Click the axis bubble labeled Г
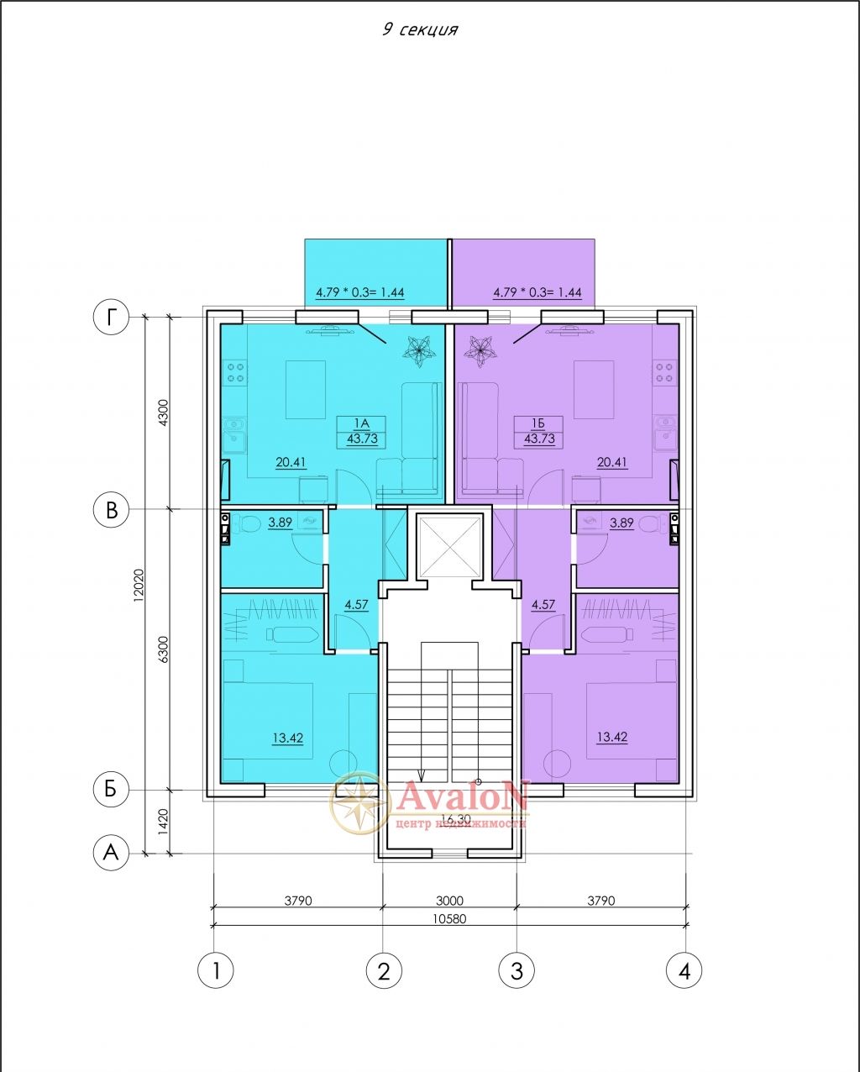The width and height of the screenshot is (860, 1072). (x=111, y=317)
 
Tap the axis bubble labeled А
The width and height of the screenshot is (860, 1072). (x=111, y=853)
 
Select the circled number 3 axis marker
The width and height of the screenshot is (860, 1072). (x=517, y=970)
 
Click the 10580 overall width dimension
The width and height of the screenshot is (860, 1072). (x=449, y=918)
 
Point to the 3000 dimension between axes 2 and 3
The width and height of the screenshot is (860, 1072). (x=449, y=901)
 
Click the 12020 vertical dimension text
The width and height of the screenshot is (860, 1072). (x=139, y=586)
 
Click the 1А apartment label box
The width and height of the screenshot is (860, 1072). (x=361, y=432)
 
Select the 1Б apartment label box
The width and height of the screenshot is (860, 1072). (x=538, y=432)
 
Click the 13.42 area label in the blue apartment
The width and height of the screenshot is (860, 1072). (x=288, y=738)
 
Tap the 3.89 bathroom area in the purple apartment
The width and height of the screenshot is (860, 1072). (x=621, y=523)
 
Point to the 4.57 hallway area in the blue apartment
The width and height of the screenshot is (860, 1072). (x=357, y=605)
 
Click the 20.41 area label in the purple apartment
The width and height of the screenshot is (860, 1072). (x=612, y=463)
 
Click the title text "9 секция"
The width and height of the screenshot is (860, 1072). (x=420, y=30)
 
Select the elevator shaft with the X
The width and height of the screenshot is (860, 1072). (x=450, y=546)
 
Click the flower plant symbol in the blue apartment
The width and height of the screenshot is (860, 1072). (x=419, y=351)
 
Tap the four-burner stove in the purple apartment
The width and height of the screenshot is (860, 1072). (x=664, y=373)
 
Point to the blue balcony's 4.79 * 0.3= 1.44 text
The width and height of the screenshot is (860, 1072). (x=360, y=292)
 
